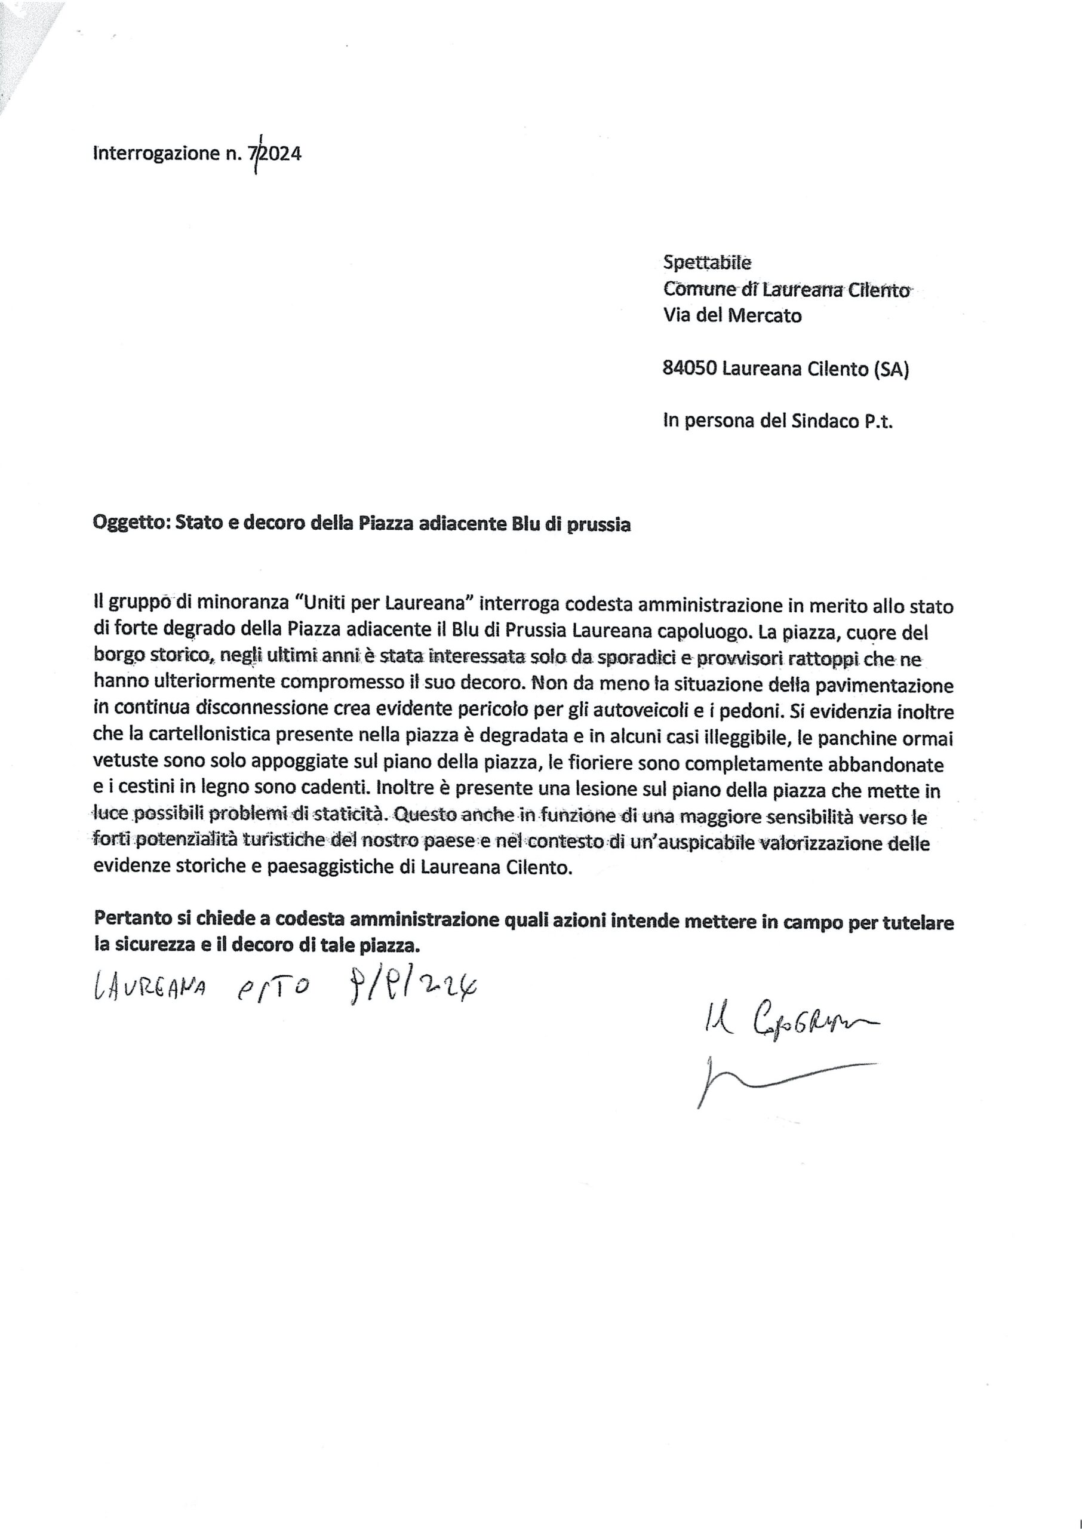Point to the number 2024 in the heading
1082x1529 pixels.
pyautogui.click(x=280, y=154)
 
